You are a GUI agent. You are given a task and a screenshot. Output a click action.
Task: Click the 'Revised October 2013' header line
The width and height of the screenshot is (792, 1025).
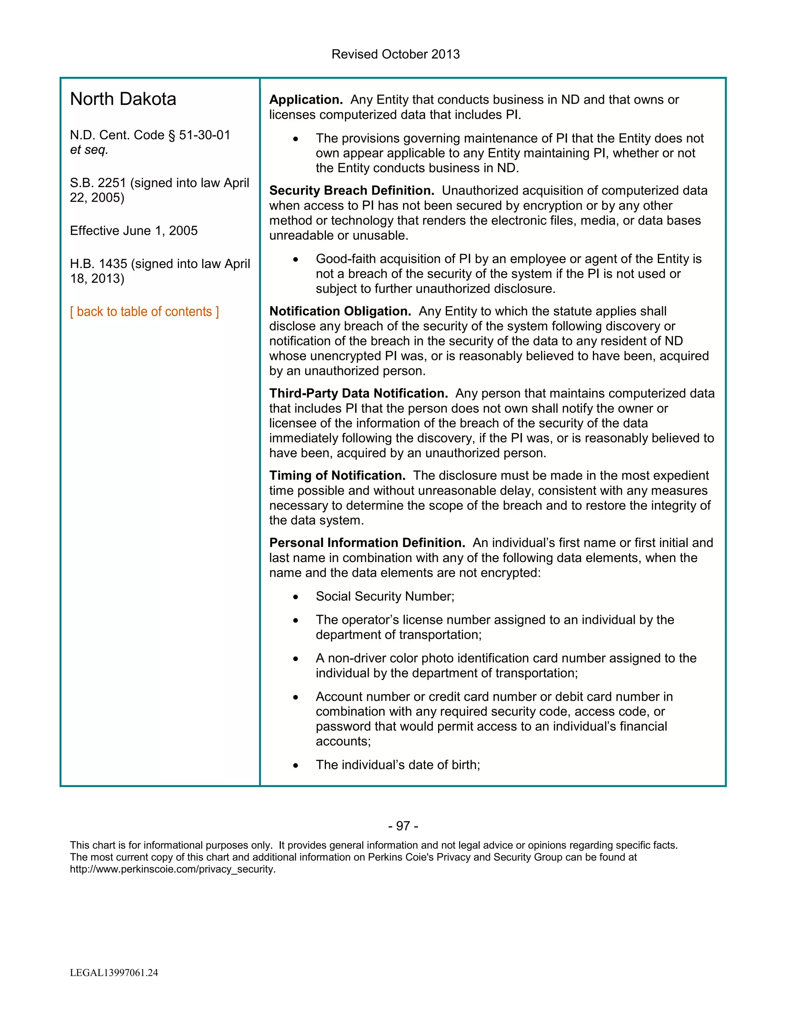[x=395, y=54]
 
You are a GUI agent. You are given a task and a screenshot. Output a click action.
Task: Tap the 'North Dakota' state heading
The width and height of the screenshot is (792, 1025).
[x=123, y=99]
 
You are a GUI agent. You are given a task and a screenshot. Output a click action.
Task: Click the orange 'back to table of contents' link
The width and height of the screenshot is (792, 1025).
[x=144, y=312]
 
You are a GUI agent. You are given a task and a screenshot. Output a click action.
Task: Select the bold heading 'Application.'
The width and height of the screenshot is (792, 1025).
[x=306, y=99]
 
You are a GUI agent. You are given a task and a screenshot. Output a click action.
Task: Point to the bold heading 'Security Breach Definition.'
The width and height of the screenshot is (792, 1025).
[x=352, y=191]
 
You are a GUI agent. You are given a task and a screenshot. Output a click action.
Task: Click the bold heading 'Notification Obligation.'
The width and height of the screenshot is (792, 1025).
[x=340, y=311]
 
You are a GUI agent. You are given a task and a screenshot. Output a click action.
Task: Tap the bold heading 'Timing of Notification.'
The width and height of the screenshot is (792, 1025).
[x=337, y=475]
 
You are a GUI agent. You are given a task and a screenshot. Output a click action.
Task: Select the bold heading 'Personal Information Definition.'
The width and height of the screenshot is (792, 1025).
[x=367, y=543]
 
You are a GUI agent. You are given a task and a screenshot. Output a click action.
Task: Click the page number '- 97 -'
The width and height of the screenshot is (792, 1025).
[x=403, y=825]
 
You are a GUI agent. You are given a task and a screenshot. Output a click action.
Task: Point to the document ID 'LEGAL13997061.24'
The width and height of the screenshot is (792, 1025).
[x=114, y=972]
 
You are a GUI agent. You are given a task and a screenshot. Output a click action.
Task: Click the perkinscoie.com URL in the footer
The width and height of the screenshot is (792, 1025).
[x=172, y=869]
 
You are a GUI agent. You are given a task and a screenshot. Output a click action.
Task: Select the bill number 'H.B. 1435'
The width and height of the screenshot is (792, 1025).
[x=99, y=264]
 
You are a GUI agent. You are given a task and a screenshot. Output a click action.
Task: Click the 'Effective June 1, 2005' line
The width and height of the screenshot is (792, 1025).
[x=134, y=231]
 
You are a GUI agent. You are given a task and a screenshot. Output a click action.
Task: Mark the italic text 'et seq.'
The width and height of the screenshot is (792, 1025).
[x=89, y=150]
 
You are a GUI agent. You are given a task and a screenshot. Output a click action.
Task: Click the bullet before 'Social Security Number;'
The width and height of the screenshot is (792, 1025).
[x=295, y=597]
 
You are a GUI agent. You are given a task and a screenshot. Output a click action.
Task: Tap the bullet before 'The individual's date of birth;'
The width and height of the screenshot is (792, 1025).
[x=295, y=765]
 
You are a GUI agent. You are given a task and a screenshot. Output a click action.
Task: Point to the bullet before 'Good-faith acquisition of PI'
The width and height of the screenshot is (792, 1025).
[x=295, y=260]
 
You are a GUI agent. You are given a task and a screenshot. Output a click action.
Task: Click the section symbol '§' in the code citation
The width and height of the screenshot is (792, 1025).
[x=171, y=135]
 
